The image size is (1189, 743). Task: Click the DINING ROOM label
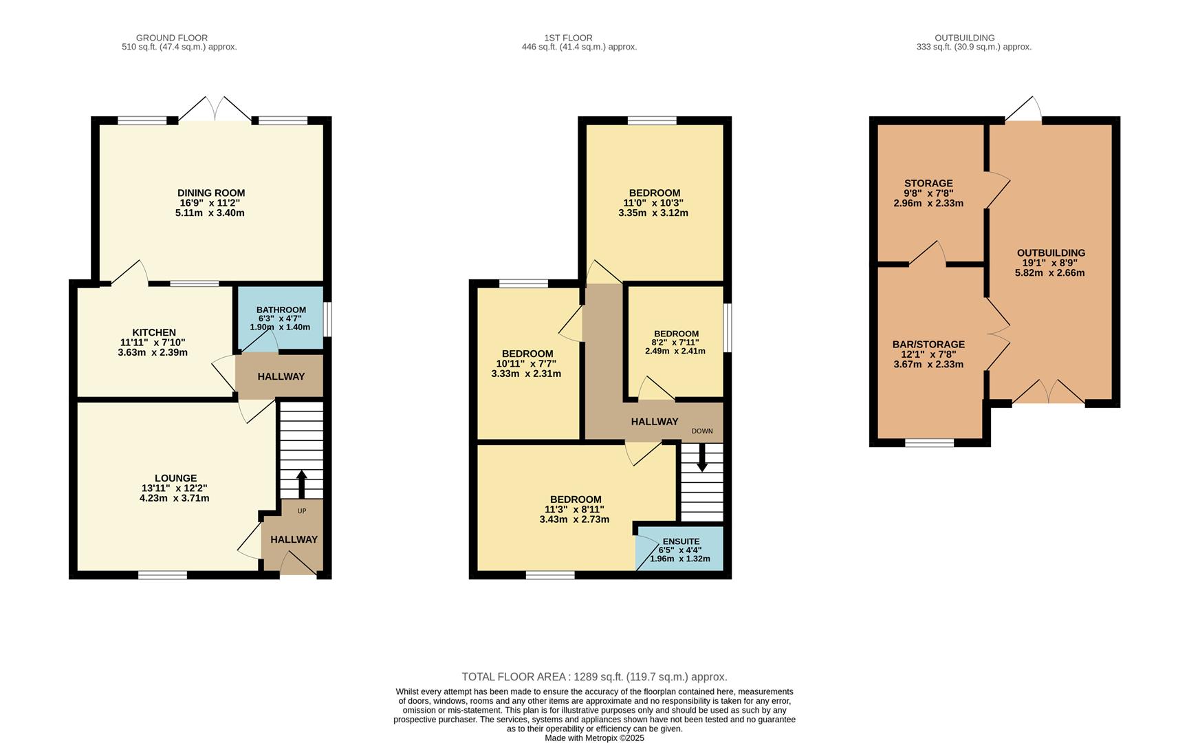point(210,193)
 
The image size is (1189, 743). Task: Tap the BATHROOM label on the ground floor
point(281,310)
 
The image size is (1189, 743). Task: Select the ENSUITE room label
point(681,542)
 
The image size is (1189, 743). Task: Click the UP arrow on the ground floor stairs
point(301,484)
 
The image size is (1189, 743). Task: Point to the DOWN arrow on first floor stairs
point(701,458)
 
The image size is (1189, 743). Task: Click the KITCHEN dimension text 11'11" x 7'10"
point(153,343)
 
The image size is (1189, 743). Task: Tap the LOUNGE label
point(175,478)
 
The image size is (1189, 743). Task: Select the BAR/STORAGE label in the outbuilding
point(928,345)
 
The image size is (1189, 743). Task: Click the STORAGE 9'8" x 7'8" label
point(928,193)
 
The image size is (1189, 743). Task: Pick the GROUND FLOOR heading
point(172,38)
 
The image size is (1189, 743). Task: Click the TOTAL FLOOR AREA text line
point(594,677)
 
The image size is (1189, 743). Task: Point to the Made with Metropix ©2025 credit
point(594,738)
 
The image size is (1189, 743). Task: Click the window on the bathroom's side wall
point(327,319)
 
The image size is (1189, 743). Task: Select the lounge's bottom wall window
point(162,575)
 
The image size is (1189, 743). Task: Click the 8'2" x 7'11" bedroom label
point(675,342)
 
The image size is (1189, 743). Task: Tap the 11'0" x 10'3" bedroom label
point(654,203)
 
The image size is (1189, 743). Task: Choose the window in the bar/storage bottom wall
point(929,442)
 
